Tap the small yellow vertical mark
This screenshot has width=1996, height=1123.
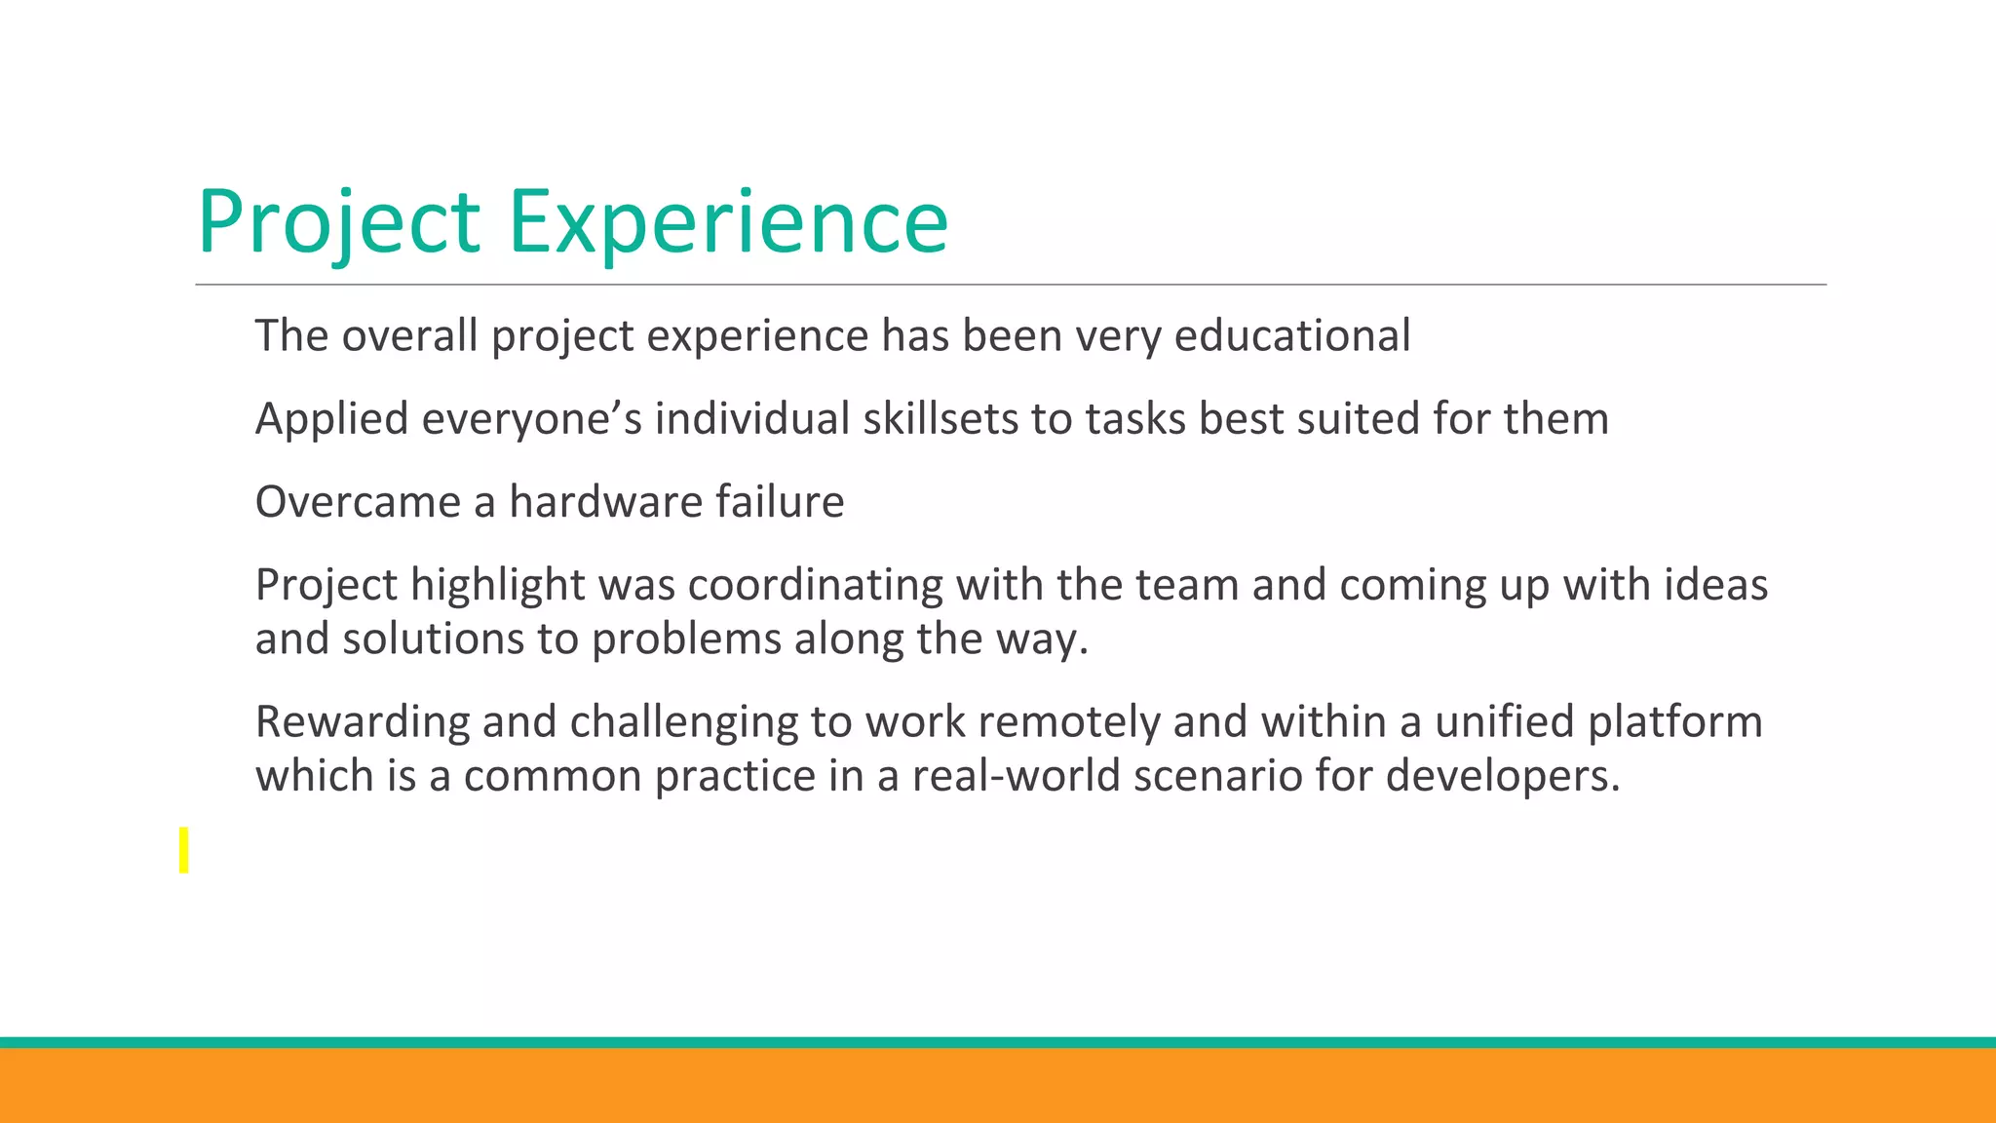coord(183,849)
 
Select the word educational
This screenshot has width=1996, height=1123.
coord(1292,335)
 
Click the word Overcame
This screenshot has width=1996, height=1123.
coord(358,502)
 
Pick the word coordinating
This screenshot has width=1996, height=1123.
coord(815,585)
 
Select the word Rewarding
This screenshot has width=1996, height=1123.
coord(362,722)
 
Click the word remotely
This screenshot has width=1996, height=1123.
coord(1068,722)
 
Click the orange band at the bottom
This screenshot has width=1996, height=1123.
coord(998,1085)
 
